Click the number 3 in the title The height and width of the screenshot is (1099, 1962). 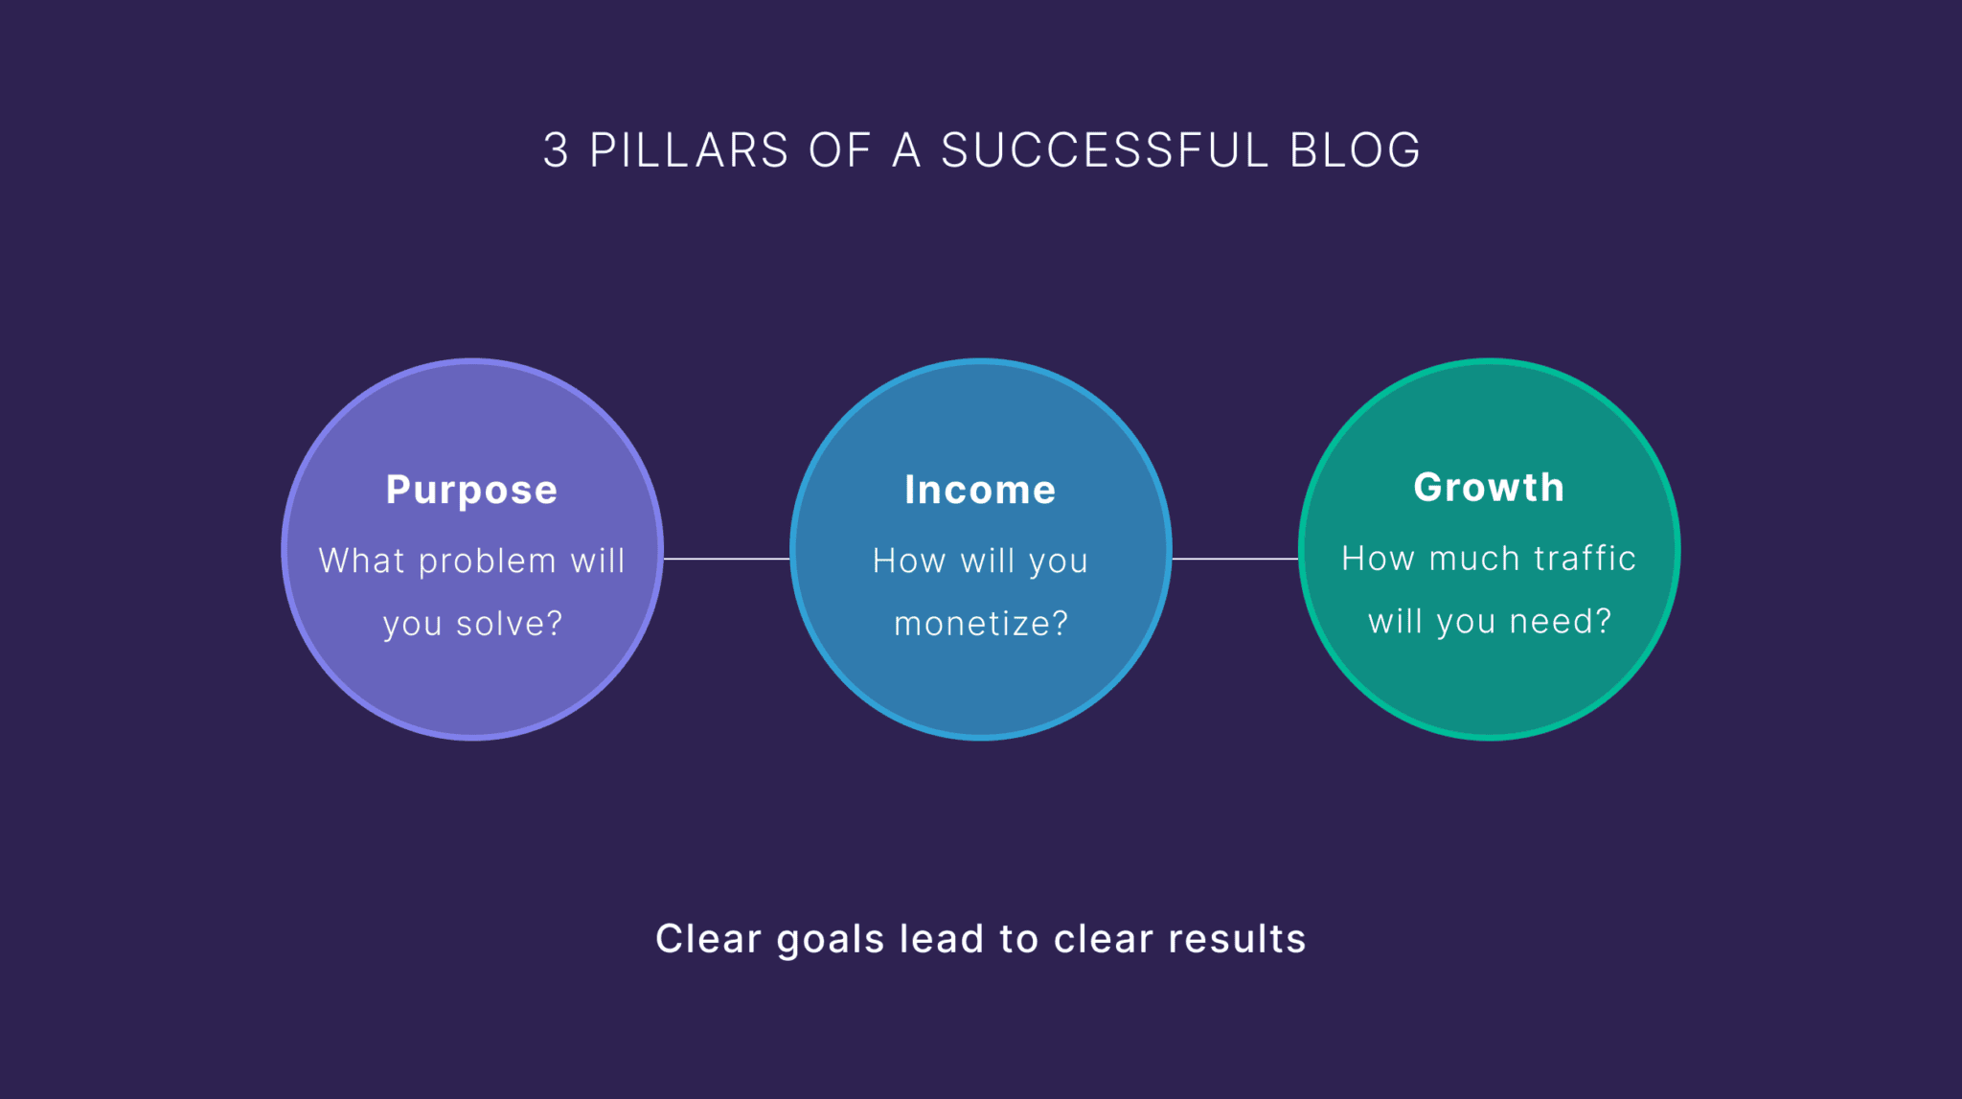tap(556, 150)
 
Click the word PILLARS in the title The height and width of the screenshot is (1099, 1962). tap(689, 150)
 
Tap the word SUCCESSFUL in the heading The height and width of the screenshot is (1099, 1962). tap(1105, 150)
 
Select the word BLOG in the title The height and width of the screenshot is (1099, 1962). tap(1355, 150)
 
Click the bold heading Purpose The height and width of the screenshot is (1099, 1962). tap(471, 491)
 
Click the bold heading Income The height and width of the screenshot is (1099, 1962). tap(980, 491)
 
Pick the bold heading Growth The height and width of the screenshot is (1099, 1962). tap(1489, 488)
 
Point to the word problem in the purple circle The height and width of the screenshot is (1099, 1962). tap(488, 561)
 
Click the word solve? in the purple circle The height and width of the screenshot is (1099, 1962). tap(510, 624)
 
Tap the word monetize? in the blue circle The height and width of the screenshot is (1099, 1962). tap(981, 624)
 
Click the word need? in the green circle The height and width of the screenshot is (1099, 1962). tap(1561, 622)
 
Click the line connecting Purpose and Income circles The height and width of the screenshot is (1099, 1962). tap(726, 559)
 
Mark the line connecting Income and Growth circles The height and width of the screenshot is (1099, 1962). tap(1235, 559)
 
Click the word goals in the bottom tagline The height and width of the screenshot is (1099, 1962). tap(830, 940)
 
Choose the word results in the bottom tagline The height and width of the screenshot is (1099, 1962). tap(1237, 940)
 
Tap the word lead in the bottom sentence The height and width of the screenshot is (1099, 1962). tap(942, 940)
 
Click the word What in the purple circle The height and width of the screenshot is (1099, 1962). tap(362, 561)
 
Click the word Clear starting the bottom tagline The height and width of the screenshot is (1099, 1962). tap(708, 940)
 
